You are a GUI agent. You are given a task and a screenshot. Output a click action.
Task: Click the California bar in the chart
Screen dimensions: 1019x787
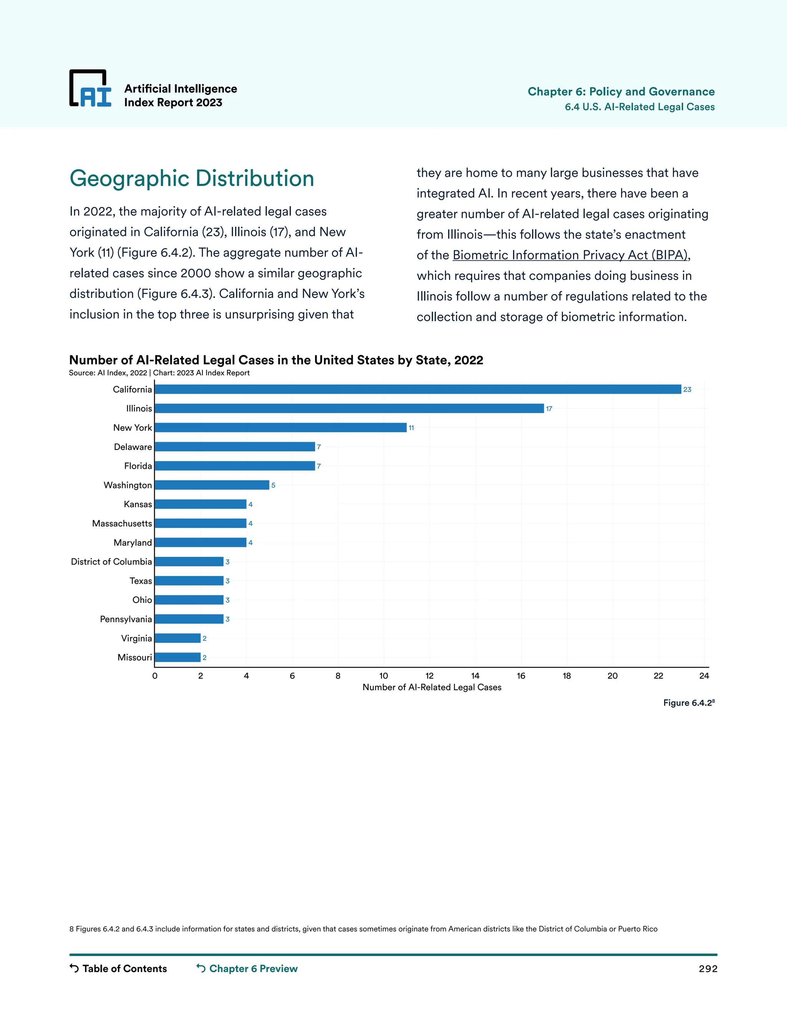pos(418,389)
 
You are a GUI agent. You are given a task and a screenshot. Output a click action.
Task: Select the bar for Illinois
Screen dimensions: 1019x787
pos(349,408)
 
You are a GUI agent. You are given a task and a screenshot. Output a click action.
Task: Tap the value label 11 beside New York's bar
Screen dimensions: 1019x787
pos(411,428)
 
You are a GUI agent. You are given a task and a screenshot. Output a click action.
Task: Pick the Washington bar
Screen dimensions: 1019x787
pos(212,485)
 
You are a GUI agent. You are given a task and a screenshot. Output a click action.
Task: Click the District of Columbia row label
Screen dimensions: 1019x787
pos(111,562)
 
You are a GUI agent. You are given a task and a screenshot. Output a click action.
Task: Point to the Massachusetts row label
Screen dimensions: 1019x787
pos(122,523)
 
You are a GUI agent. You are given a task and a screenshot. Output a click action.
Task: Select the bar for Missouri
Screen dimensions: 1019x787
pos(178,658)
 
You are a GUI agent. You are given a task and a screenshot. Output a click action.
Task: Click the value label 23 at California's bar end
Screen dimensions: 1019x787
pos(687,390)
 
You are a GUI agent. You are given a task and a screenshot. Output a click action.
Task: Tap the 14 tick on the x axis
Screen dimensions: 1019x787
pos(475,676)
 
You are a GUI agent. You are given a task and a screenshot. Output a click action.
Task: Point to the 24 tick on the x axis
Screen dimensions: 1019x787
pos(704,676)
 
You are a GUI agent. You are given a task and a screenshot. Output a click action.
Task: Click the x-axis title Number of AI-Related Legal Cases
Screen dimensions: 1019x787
pos(432,687)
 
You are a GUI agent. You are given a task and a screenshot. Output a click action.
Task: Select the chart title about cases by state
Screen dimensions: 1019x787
pos(276,360)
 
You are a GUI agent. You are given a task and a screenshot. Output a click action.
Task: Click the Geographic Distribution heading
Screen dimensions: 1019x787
pos(192,178)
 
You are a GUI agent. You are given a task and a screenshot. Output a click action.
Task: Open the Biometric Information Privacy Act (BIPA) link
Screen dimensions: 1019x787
pos(571,255)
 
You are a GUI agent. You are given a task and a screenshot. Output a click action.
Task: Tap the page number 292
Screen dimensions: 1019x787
pos(708,969)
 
